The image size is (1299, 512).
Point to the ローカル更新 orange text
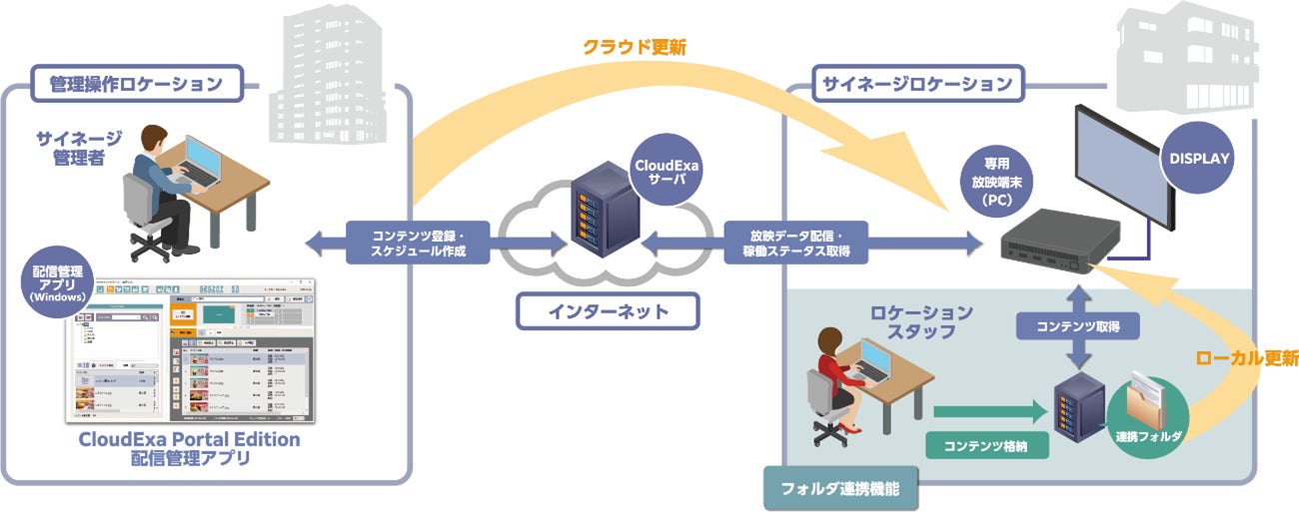tap(1245, 357)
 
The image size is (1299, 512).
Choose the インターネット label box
tap(607, 311)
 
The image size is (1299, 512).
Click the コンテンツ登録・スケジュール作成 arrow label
tap(419, 242)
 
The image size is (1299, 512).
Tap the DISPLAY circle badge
tap(1198, 158)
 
